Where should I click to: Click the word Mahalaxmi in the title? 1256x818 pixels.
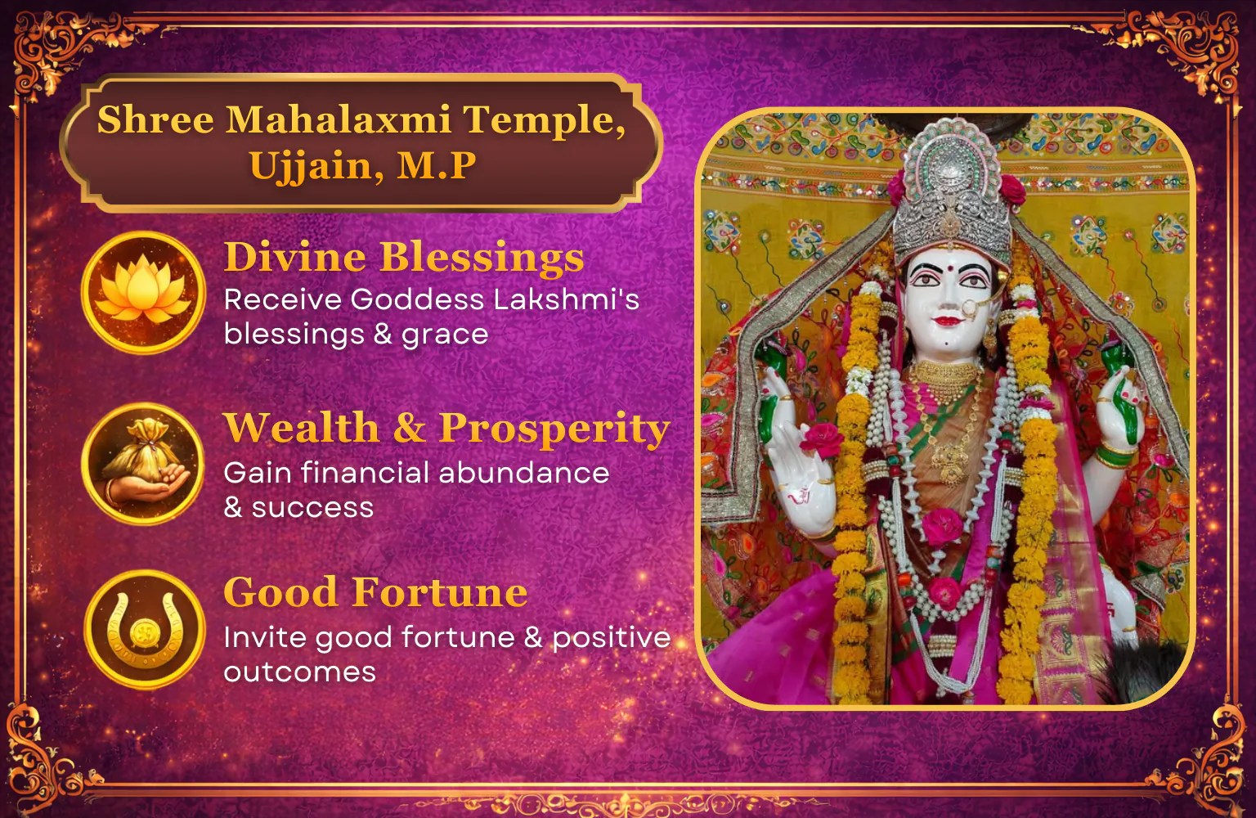[x=338, y=119]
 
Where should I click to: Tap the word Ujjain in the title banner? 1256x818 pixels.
[x=316, y=166]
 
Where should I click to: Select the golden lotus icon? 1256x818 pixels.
[x=144, y=292]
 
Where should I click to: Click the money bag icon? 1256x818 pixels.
[x=144, y=464]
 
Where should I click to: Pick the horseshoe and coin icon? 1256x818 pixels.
[x=145, y=630]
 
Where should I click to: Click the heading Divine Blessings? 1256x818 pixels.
[x=404, y=257]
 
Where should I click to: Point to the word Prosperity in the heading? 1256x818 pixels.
[x=554, y=429]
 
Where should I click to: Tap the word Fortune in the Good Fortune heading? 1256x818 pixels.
[x=440, y=592]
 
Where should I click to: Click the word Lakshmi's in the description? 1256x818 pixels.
[x=567, y=299]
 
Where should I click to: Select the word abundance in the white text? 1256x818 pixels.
[x=523, y=473]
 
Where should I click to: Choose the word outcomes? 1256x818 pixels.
[x=300, y=672]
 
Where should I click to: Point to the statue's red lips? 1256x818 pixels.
[x=949, y=321]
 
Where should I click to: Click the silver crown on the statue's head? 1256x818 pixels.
[x=953, y=196]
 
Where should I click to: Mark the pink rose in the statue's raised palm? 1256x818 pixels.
[x=822, y=438]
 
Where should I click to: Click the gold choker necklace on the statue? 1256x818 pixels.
[x=946, y=377]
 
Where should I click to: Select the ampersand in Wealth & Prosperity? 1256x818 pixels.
[x=409, y=428]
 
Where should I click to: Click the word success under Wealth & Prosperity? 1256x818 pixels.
[x=312, y=508]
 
